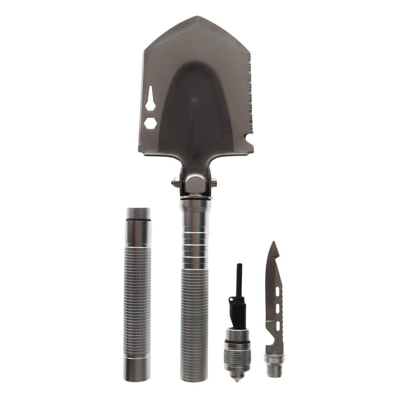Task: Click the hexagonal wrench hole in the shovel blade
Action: [150, 123]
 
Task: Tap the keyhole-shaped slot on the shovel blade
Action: [150, 99]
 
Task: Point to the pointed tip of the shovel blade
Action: [197, 18]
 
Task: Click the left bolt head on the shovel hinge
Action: [173, 182]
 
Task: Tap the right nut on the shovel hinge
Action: [214, 182]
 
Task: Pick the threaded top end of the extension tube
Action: [138, 214]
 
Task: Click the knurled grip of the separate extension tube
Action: [137, 300]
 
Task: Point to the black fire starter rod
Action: [239, 280]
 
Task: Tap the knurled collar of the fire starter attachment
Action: [237, 355]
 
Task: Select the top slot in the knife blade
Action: [278, 292]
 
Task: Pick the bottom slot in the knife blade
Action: [278, 325]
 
